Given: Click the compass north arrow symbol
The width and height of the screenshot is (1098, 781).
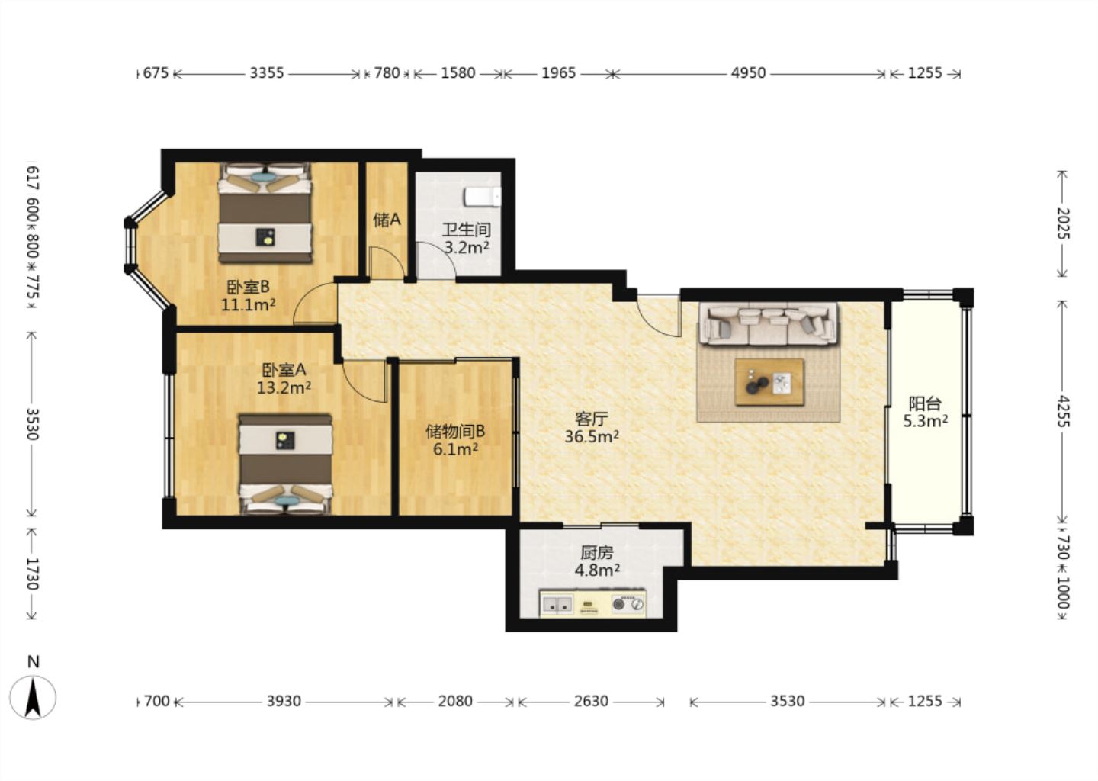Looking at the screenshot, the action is coord(33,697).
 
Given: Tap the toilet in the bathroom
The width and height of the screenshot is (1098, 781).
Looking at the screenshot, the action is coord(483,197).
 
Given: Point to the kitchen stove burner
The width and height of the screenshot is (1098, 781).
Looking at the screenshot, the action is coord(628,604).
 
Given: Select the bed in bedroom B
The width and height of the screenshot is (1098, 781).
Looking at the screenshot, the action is coord(265,213).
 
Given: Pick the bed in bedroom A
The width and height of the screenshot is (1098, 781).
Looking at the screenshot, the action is coord(285,464).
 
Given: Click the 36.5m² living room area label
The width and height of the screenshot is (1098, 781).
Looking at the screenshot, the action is coord(592,436).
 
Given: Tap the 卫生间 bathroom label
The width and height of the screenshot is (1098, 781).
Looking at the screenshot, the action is coord(466,230).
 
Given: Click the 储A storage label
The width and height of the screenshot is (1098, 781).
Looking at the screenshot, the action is coord(387,220).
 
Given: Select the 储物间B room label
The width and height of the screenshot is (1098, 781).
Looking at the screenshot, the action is coord(455,432).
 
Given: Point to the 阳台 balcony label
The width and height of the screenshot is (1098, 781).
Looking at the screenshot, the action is coord(925,403).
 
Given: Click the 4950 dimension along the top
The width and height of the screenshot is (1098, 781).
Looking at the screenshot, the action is coord(748,73).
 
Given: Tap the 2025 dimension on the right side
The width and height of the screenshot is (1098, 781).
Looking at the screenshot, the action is coord(1062,223).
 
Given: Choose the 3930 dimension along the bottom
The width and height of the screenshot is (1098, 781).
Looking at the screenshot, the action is coord(284,702).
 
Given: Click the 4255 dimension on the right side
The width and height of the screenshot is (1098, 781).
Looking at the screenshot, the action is coord(1062,411).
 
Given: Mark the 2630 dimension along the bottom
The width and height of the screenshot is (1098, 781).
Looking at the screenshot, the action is coord(591,702).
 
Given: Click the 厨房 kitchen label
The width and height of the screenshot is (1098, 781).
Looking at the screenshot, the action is coord(597,552).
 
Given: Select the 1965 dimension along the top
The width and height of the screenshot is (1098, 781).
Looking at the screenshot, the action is coord(558,73).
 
